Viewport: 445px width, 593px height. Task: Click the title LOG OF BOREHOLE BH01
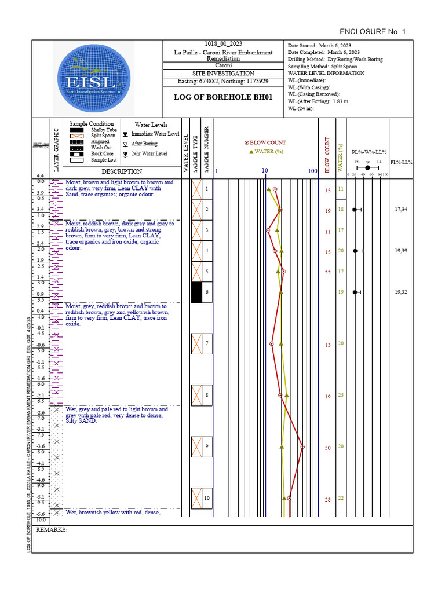223,97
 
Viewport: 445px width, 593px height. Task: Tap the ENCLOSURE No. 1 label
373,31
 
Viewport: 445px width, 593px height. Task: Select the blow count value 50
327,448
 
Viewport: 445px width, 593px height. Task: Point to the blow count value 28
327,500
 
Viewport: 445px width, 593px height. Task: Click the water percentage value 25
341,395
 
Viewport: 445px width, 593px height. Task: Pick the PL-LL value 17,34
401,209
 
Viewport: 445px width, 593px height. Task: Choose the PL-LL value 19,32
401,292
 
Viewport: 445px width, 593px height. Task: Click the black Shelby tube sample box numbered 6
197,292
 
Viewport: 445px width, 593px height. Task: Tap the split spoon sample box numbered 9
197,446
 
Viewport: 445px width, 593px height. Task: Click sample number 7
207,344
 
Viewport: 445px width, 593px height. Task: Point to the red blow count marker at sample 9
302,446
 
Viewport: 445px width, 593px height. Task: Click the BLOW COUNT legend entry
265,142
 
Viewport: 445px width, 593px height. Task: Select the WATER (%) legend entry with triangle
266,152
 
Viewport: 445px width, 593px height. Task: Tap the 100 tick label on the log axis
312,171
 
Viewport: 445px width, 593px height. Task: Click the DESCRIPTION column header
122,171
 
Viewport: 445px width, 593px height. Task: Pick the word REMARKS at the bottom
52,530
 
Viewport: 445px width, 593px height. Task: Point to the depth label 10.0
41,520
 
